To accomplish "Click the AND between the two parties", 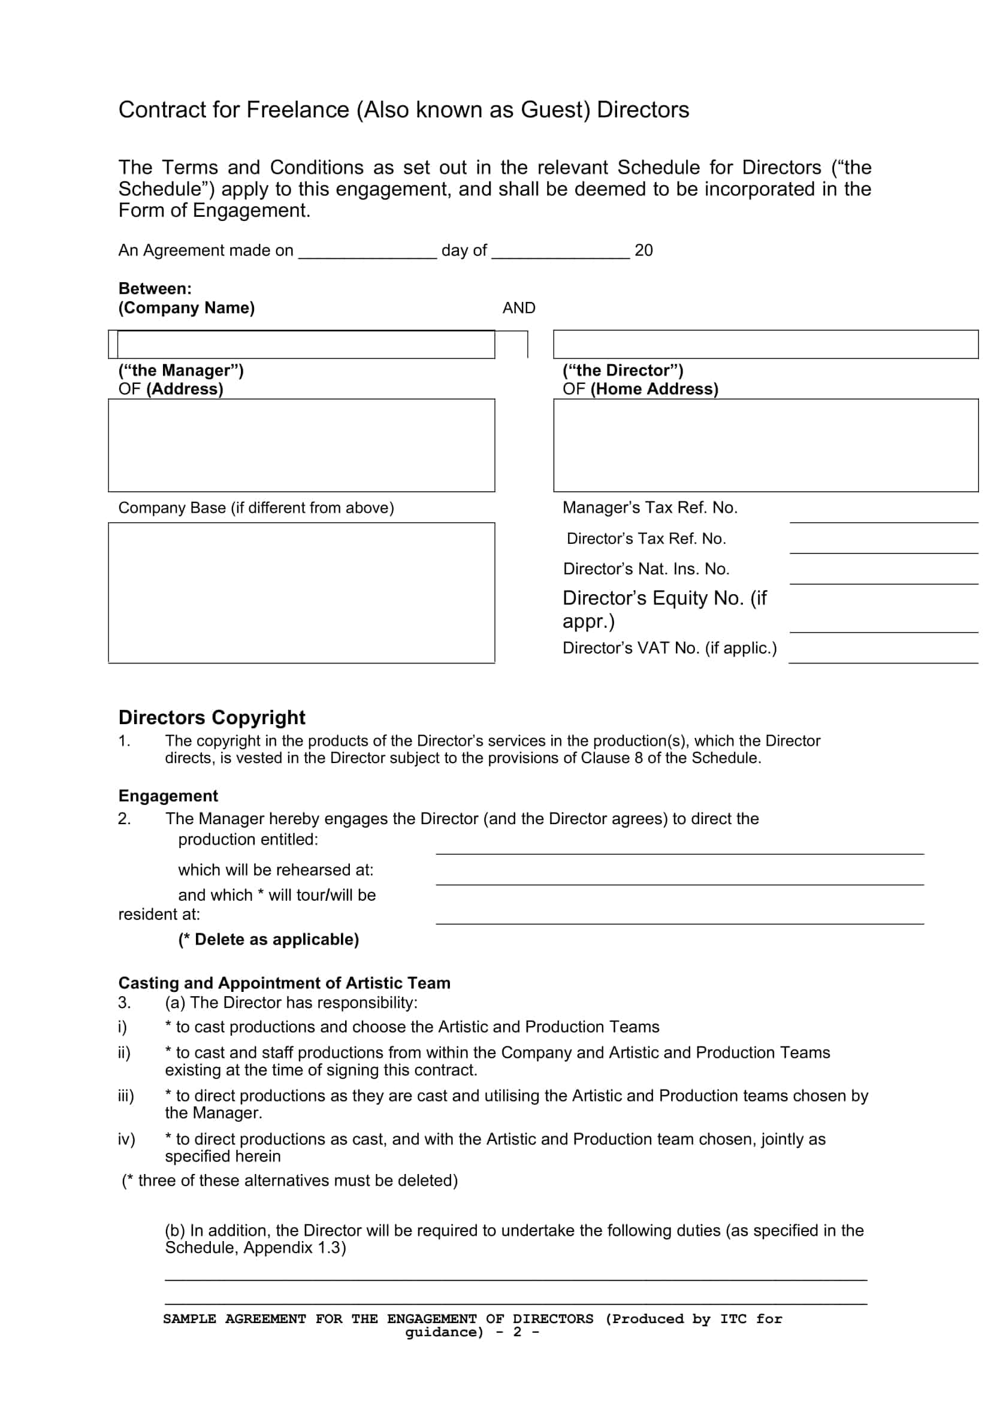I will click(518, 308).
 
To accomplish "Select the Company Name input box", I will click(305, 345).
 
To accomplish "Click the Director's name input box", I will click(765, 345).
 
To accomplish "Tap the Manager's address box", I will click(301, 446).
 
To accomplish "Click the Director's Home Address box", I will click(765, 446).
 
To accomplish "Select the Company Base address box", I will click(301, 592).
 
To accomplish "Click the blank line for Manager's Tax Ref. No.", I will click(883, 516).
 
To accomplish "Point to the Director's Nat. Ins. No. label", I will click(646, 568).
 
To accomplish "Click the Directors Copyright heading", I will click(212, 717).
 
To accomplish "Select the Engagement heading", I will click(168, 795).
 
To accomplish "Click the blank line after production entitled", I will click(679, 848).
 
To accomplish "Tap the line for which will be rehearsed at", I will click(679, 879).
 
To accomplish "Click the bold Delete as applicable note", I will click(268, 939).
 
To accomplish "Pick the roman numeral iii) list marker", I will click(126, 1096).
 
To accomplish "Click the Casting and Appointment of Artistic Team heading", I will click(285, 983).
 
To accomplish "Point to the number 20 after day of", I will click(643, 250).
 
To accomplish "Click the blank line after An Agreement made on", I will click(367, 254).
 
